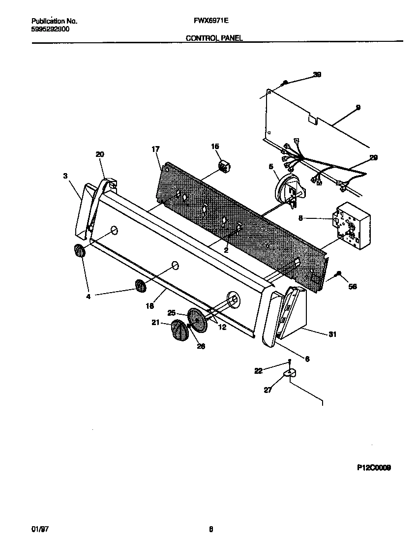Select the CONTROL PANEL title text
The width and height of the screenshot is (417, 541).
click(x=214, y=37)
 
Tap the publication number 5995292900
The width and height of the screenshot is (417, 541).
click(x=50, y=29)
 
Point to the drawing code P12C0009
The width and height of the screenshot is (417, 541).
click(x=374, y=469)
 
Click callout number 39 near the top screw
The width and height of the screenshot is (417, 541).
click(x=317, y=75)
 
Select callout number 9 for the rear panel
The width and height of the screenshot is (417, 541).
click(x=358, y=107)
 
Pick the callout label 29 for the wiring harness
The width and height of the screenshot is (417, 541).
click(x=374, y=157)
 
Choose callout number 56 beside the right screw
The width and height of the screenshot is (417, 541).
click(x=353, y=287)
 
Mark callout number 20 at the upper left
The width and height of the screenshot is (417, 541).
click(x=100, y=154)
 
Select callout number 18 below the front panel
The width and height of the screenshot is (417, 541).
click(x=150, y=305)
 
